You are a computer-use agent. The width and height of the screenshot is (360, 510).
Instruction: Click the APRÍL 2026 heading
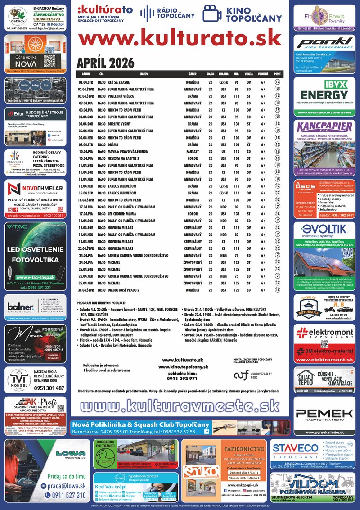(x=106, y=62)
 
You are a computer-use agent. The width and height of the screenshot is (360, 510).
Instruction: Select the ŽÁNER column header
(x=192, y=73)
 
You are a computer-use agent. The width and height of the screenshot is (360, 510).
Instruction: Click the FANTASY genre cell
(x=192, y=151)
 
